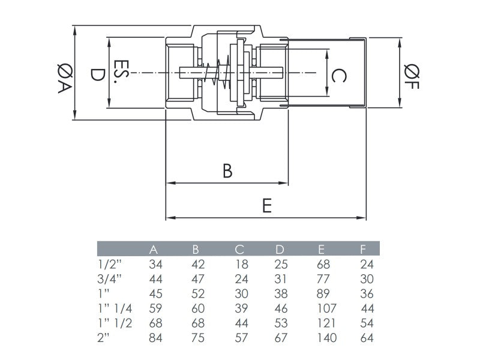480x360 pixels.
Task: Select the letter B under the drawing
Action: pyautogui.click(x=227, y=171)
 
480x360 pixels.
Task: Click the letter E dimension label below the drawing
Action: pyautogui.click(x=267, y=206)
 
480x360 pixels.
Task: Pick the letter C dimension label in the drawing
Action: pyautogui.click(x=339, y=76)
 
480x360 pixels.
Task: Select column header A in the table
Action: pyautogui.click(x=153, y=249)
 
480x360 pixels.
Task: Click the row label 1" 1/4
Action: pyautogui.click(x=113, y=308)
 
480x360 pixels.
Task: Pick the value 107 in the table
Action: pyautogui.click(x=323, y=308)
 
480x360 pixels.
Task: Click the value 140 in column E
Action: pyautogui.click(x=323, y=338)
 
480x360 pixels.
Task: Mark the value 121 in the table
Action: pyautogui.click(x=323, y=323)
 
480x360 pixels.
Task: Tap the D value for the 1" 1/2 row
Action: pyautogui.click(x=280, y=323)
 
